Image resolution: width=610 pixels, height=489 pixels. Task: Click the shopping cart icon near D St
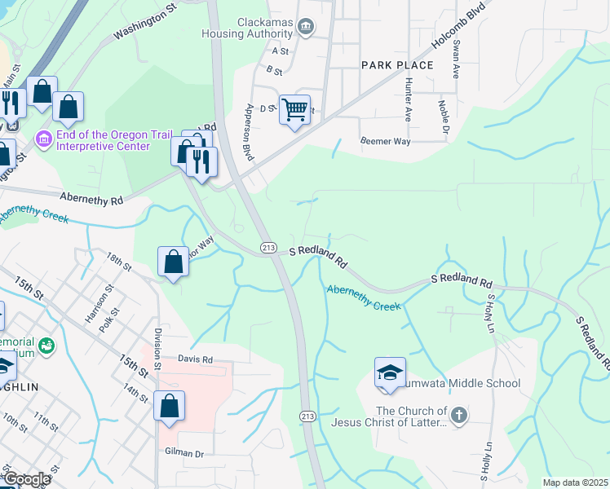coord(294,109)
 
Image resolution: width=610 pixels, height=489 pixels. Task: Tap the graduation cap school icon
coord(390,373)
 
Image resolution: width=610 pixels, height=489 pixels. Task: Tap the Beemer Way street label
coord(387,141)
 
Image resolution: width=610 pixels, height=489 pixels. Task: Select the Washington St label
coord(145,25)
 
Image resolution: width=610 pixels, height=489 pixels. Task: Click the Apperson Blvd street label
coord(246,130)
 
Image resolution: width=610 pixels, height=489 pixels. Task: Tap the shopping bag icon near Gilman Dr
coord(169,406)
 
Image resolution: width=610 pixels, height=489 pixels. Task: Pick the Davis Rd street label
coord(196,359)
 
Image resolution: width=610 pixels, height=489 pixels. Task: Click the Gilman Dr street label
coord(183,452)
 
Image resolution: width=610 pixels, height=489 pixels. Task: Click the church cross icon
coord(459,416)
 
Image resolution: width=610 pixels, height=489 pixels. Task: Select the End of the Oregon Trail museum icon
coord(44,140)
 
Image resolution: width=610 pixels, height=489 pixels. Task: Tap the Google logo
coord(26,479)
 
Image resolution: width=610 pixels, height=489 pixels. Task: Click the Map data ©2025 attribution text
coord(575,482)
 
